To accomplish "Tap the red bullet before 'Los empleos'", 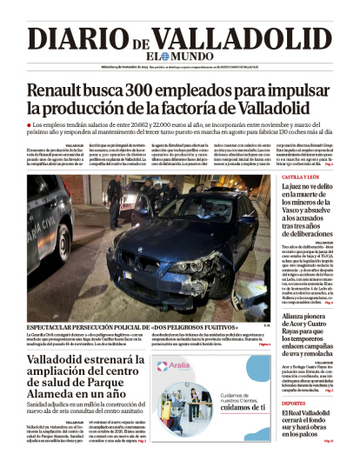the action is (x=30, y=126).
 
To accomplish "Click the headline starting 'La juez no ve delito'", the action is (x=307, y=204).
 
